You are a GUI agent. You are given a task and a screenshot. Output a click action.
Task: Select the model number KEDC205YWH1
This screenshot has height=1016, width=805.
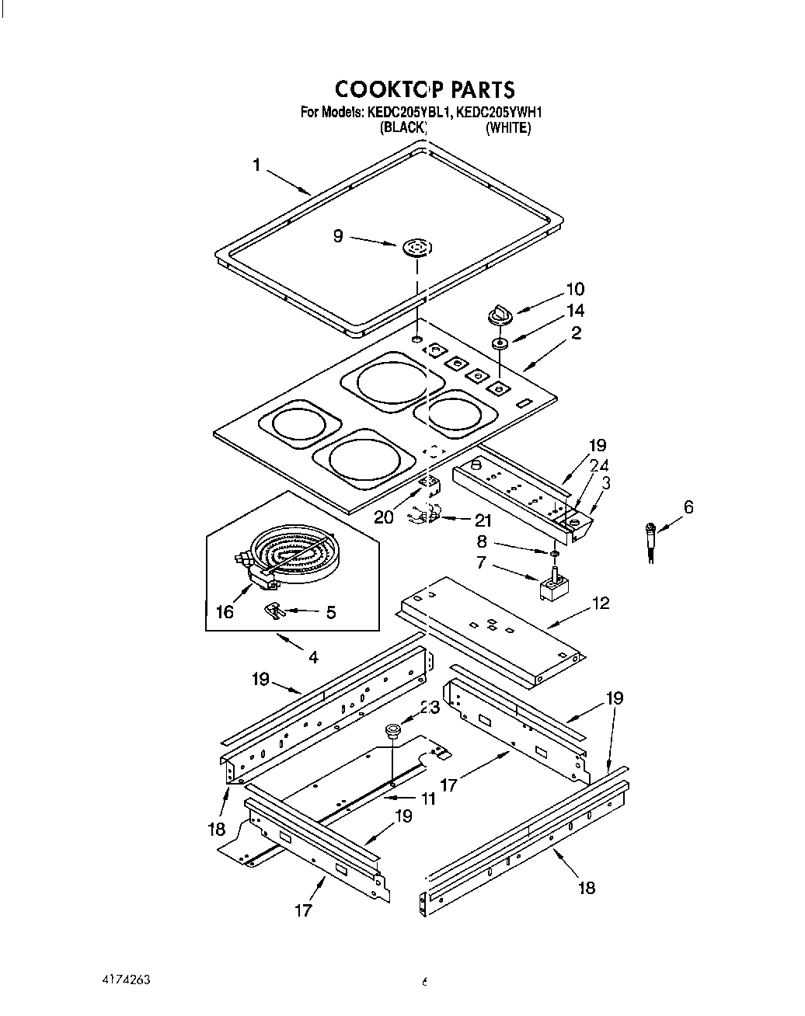(498, 113)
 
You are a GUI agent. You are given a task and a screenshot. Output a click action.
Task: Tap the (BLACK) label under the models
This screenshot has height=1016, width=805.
(403, 128)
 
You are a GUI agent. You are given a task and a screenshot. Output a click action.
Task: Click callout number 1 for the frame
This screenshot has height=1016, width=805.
(256, 165)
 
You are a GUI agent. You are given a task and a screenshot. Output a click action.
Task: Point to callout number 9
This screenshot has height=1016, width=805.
(338, 235)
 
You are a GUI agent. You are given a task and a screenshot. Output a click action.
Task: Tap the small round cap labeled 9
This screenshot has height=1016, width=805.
(416, 249)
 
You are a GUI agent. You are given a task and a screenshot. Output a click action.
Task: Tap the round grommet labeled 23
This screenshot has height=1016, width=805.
(393, 730)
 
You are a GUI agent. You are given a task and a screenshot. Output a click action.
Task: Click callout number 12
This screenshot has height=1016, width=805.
(601, 603)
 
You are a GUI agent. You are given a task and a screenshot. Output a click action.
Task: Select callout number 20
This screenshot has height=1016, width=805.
(384, 517)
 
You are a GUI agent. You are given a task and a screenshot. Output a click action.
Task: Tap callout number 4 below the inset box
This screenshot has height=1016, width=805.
(312, 657)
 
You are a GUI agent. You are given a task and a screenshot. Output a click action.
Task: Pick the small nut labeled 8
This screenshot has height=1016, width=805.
(552, 552)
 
